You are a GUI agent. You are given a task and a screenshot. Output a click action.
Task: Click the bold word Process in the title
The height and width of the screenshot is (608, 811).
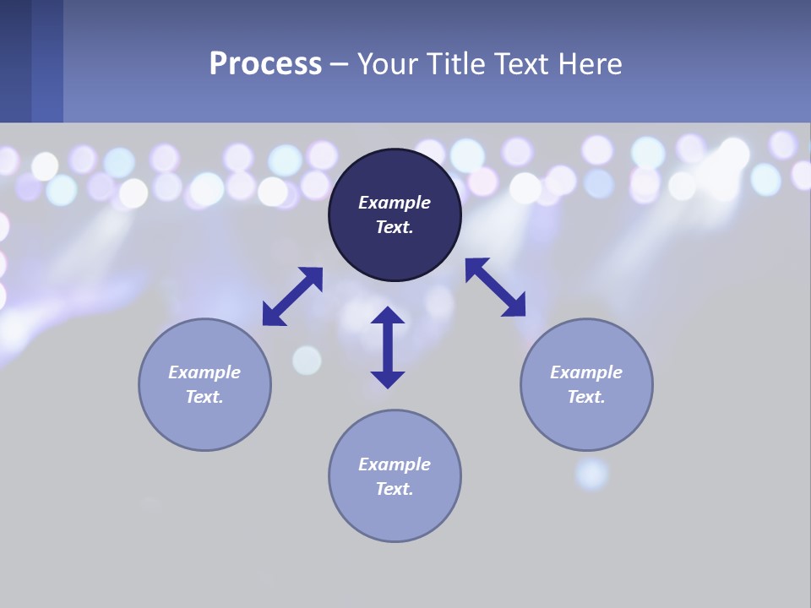tap(265, 64)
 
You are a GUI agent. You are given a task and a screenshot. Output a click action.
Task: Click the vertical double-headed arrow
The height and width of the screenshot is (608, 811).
tap(388, 347)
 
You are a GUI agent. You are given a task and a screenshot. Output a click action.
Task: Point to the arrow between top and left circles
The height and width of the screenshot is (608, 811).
tap(292, 296)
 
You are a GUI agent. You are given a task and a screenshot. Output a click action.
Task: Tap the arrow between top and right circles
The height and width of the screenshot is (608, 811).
tap(496, 287)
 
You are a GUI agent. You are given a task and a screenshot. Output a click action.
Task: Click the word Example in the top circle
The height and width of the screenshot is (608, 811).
tap(395, 203)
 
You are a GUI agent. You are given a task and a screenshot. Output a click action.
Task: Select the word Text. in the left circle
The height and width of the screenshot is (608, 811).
tap(204, 397)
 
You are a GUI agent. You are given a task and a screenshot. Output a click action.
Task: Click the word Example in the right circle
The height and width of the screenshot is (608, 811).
tap(586, 372)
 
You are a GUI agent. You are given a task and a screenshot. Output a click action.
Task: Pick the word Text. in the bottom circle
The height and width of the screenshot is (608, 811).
tap(395, 489)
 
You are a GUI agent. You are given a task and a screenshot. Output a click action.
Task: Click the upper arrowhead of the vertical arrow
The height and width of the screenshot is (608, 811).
tap(388, 316)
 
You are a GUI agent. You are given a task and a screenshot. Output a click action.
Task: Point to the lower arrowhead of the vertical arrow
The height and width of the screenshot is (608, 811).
tap(388, 378)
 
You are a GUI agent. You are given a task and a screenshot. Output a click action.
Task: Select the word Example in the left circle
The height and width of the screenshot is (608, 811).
tap(204, 372)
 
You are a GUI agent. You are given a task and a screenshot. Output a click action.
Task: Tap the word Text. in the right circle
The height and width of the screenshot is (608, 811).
tap(586, 397)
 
